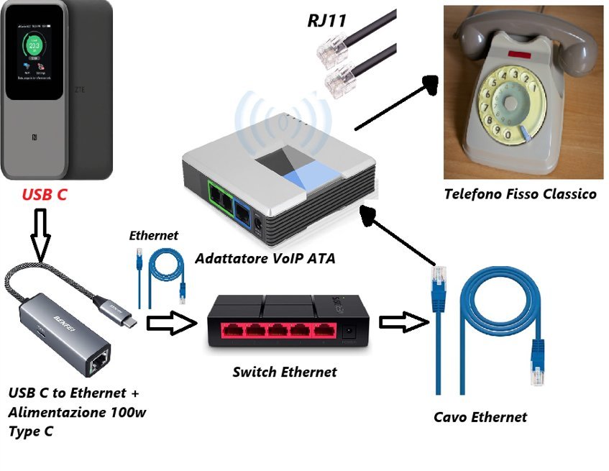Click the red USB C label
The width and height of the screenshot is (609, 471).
click(45, 194)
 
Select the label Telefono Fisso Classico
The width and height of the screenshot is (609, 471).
click(520, 193)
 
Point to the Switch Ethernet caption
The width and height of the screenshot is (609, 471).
click(284, 372)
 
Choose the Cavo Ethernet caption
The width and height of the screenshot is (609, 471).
click(480, 417)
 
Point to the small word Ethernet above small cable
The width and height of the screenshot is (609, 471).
click(153, 235)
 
